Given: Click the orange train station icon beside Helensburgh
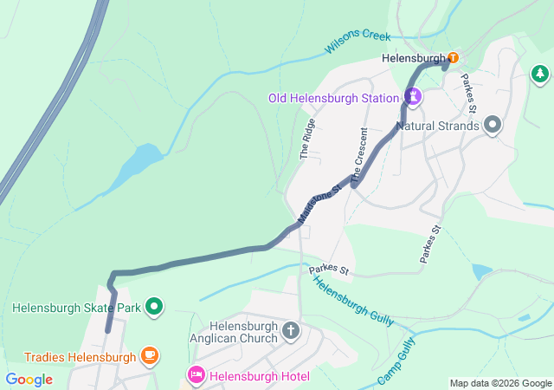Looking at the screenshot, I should (x=453, y=58).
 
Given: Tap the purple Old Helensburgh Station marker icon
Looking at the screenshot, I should (x=414, y=97).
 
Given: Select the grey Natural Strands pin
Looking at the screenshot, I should (x=493, y=126).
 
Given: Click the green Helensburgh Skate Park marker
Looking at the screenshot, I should (x=154, y=306).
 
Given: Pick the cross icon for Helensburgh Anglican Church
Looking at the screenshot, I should (x=291, y=330).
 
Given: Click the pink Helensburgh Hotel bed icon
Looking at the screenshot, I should (x=196, y=375).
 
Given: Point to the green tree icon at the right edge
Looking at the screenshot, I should (x=541, y=75).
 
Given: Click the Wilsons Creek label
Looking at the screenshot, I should (x=358, y=42).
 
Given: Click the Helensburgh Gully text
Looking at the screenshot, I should (x=352, y=302).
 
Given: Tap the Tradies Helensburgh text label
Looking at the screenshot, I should (x=80, y=357).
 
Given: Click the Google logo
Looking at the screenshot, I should (x=29, y=380).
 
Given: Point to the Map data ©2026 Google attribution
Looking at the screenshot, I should (x=499, y=383).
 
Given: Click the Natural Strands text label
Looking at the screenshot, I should (x=437, y=127).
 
